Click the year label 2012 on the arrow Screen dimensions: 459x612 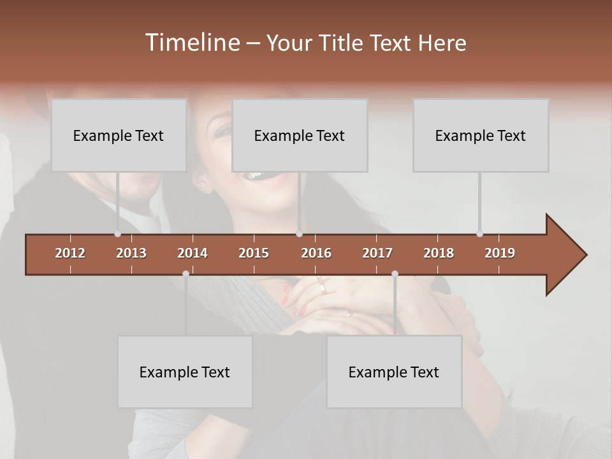click(70, 253)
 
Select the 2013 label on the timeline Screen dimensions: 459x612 click(131, 253)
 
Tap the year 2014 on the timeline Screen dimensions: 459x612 click(193, 253)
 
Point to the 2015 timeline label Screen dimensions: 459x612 click(254, 253)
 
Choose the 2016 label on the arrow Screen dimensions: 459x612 click(316, 253)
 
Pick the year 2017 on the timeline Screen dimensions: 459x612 click(377, 253)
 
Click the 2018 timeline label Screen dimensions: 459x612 click(439, 253)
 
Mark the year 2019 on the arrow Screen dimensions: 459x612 click(500, 253)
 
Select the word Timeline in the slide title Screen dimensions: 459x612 click(191, 43)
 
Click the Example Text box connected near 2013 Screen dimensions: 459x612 click(119, 135)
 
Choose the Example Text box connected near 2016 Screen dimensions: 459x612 click(300, 135)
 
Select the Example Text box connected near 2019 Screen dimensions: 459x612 click(481, 135)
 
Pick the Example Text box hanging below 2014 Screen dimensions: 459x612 click(185, 372)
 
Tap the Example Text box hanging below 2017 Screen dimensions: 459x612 click(394, 372)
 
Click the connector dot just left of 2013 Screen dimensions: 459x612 click(117, 234)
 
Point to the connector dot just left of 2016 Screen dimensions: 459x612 click(299, 234)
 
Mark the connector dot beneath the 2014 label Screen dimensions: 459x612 click(186, 273)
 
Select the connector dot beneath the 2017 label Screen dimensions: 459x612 click(395, 273)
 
